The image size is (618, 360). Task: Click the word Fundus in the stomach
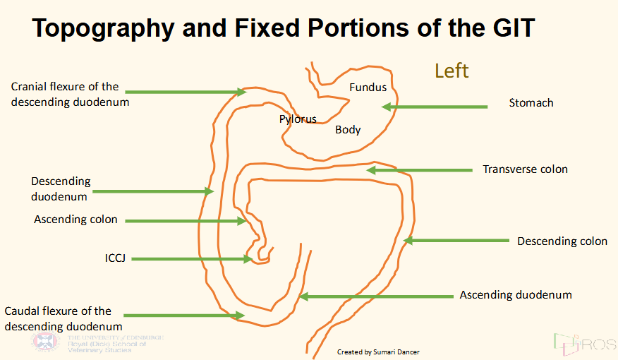click(x=368, y=88)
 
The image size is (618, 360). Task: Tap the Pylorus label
click(x=298, y=119)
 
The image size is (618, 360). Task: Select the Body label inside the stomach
click(x=348, y=130)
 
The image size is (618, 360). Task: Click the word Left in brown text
click(x=452, y=71)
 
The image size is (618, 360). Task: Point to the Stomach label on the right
click(x=531, y=103)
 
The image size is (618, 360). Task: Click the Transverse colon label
click(x=525, y=169)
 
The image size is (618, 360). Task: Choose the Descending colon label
click(x=562, y=241)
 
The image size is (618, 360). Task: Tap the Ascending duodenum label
click(x=516, y=295)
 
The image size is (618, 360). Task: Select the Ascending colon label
click(x=75, y=220)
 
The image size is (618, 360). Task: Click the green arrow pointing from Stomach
click(x=434, y=107)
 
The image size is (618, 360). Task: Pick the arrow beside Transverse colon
click(x=419, y=170)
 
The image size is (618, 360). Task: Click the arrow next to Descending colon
click(x=455, y=241)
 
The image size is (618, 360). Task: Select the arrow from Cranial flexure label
click(x=186, y=92)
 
